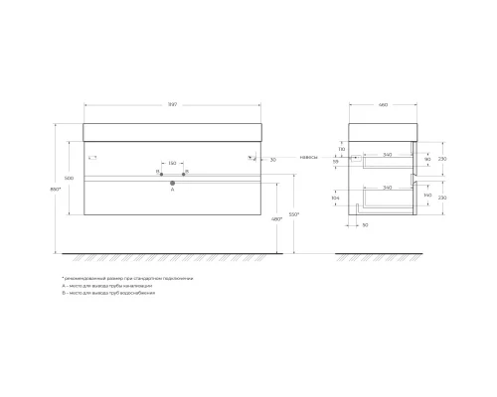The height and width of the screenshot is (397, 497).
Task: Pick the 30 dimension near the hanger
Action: [272, 159]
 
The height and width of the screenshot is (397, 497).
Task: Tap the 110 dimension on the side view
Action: [340, 149]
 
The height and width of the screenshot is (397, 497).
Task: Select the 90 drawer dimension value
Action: [428, 159]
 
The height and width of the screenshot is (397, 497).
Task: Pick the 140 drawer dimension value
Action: [428, 198]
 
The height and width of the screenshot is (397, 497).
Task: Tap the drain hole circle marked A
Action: [172, 183]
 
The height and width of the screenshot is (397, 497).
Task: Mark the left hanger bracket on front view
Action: [90, 157]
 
